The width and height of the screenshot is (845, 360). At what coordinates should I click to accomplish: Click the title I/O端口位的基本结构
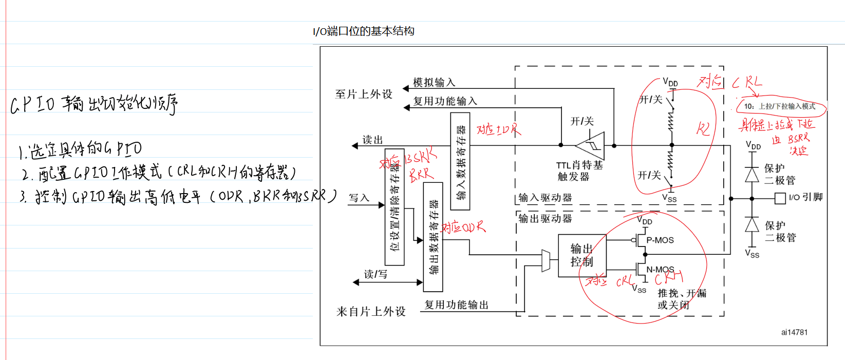364,31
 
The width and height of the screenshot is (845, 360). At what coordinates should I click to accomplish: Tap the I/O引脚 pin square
780,198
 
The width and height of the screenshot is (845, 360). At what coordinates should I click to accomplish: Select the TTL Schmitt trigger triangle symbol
591,145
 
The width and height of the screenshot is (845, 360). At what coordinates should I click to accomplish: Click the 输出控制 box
582,255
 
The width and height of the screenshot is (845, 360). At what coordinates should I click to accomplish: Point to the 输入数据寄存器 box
460,161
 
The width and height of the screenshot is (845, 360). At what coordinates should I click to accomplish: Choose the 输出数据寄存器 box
433,237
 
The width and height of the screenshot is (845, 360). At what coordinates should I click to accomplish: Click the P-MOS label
660,240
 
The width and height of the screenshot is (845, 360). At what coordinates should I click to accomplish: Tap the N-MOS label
660,269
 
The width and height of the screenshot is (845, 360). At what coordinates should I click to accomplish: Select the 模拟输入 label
434,82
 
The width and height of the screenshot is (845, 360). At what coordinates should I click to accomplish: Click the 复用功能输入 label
445,101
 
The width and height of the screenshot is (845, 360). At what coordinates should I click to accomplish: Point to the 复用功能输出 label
456,305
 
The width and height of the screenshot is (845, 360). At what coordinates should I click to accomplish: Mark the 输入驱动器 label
545,198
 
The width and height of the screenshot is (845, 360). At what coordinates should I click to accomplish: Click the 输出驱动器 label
545,218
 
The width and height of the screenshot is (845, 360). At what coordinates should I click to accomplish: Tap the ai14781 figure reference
794,332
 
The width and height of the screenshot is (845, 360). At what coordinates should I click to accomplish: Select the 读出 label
372,140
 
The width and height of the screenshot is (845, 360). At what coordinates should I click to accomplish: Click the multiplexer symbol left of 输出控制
546,260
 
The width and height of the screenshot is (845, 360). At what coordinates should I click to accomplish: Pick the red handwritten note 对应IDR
498,129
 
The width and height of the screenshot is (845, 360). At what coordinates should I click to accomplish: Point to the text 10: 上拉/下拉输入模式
780,106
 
